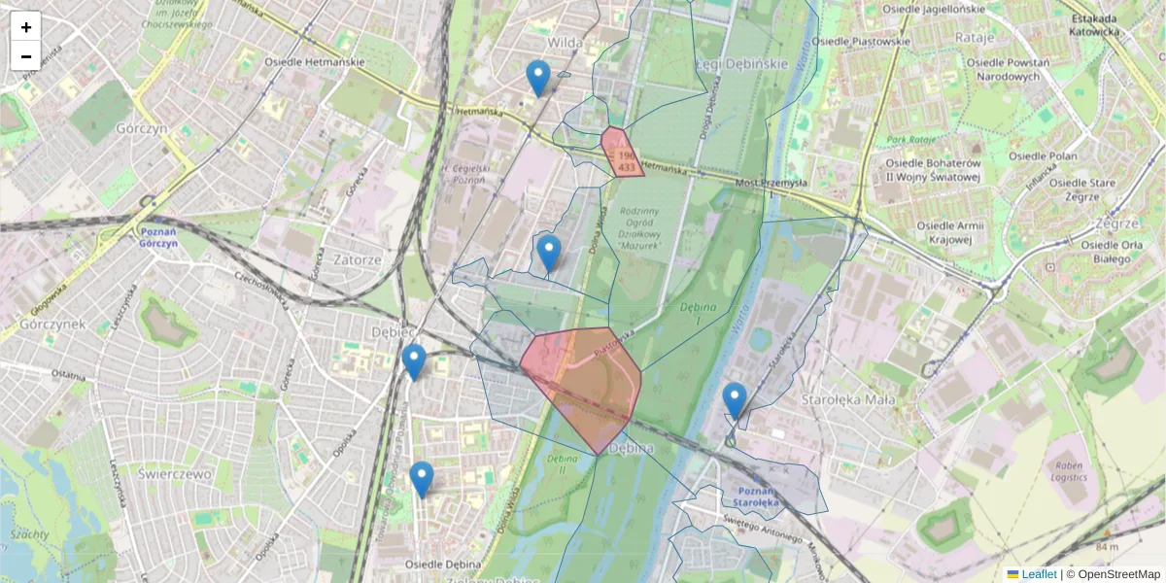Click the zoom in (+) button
coord(26,27)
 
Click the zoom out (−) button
coord(26,56)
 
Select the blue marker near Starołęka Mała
coord(735,399)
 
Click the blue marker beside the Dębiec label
coord(414,361)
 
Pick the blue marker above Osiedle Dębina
coord(421,479)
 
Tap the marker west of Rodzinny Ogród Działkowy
coord(549,253)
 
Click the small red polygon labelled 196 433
coord(621,154)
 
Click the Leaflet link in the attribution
coord(1038,574)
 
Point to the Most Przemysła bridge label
coord(771,183)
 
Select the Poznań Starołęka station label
coord(752,497)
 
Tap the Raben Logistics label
coord(1069,472)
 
